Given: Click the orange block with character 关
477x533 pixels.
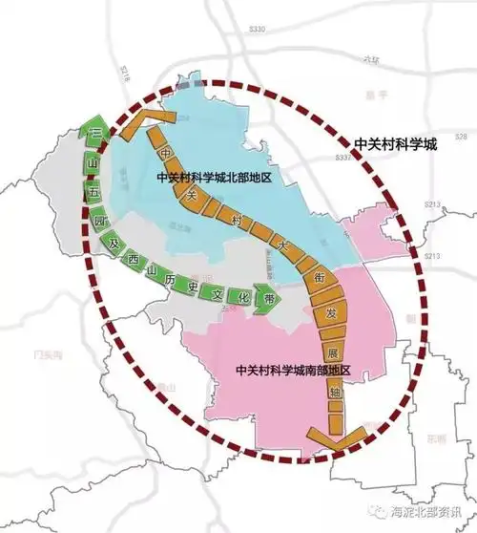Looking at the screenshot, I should click(190, 196).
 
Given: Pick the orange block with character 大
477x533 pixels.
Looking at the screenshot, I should click(282, 245).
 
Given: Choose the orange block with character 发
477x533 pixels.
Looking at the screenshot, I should click(330, 312).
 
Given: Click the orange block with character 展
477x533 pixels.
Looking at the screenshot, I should click(333, 350).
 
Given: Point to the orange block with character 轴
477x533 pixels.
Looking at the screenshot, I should click(334, 391).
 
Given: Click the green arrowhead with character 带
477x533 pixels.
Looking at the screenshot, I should click(271, 297).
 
